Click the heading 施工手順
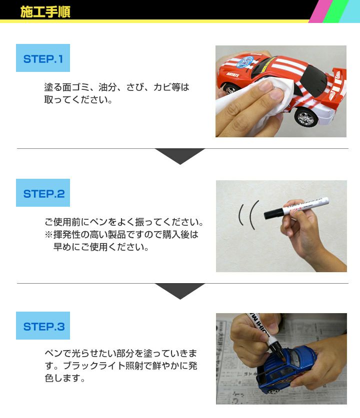point(45,12)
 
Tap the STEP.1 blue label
point(43,58)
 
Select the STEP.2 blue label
point(43,193)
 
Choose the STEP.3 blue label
point(43,327)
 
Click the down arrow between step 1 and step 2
point(179,155)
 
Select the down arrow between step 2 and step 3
point(179,291)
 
